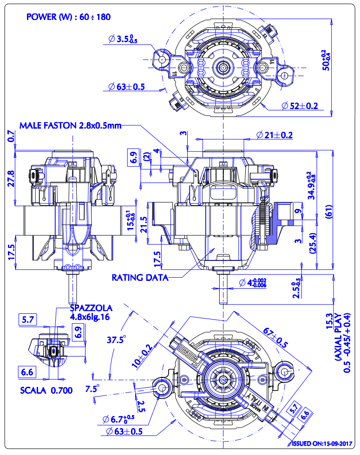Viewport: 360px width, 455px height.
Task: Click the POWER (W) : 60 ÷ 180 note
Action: click(68, 17)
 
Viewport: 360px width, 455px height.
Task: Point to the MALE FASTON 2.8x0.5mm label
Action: click(71, 125)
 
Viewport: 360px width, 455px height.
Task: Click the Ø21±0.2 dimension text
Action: click(274, 135)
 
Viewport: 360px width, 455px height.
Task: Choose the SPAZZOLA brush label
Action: click(91, 307)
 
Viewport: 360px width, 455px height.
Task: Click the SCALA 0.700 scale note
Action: click(46, 390)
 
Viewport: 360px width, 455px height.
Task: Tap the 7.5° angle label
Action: click(91, 388)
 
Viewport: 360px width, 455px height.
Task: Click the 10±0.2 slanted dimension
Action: click(142, 357)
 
